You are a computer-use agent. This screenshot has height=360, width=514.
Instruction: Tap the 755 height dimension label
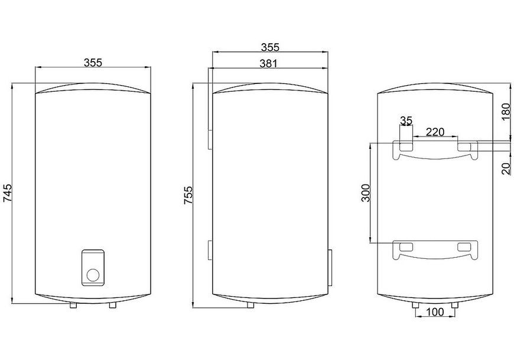[x=188, y=196]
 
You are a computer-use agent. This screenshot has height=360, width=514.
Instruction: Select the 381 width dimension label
[x=268, y=63]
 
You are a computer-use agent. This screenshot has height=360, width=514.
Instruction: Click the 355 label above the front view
[x=93, y=62]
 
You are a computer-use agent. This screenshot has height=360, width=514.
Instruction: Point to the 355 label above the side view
[x=270, y=47]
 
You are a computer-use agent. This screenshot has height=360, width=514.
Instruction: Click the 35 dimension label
[x=406, y=121]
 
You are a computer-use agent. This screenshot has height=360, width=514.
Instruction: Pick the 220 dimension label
[x=435, y=132]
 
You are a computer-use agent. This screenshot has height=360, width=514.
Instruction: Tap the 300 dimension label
[x=366, y=193]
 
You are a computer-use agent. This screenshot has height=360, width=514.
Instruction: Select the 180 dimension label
[x=506, y=112]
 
